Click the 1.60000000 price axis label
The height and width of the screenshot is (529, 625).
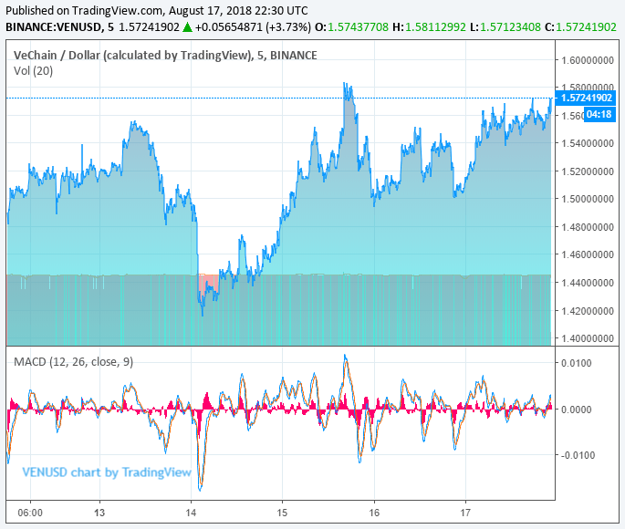[587, 61]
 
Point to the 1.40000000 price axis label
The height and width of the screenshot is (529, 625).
[587, 338]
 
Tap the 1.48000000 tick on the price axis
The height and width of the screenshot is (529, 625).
[587, 227]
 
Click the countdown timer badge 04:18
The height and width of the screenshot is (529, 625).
[599, 114]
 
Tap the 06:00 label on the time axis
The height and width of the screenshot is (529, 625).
[30, 514]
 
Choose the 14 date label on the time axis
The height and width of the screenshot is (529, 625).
[192, 514]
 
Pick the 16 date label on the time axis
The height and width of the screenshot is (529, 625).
[374, 514]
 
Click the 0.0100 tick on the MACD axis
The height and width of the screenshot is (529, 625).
[578, 364]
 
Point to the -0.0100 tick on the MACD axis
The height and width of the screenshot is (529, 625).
[577, 455]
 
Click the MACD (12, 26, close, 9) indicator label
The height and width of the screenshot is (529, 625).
[73, 362]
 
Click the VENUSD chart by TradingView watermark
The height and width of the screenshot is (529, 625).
[107, 472]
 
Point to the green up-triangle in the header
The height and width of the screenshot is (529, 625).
[187, 27]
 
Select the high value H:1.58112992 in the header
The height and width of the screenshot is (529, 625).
[429, 27]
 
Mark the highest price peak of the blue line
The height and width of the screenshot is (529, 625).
[345, 84]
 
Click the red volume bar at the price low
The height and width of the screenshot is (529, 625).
[209, 282]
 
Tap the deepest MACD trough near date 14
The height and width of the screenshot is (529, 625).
[200, 489]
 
